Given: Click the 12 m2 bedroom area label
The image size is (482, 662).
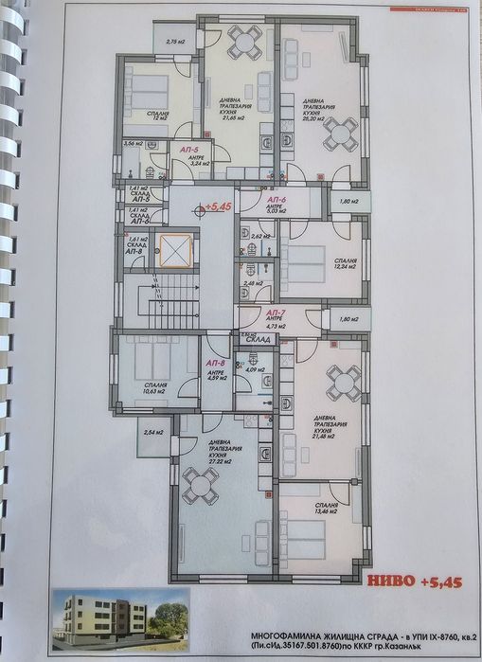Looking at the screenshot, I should point(146,124).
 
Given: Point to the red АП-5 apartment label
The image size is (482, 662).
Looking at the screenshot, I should point(187,150).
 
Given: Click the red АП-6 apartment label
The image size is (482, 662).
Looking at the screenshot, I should point(277,201).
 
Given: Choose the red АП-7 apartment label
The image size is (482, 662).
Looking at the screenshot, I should point(276,313).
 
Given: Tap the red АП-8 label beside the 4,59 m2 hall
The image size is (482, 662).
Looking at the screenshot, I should point(215,364).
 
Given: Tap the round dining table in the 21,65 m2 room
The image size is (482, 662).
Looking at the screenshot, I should point(245,42).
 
